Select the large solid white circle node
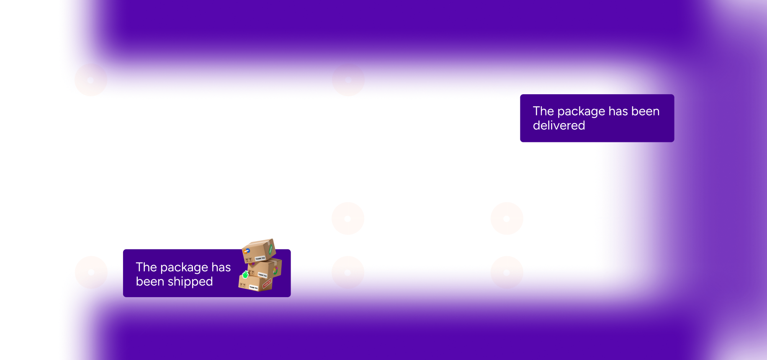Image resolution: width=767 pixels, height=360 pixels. click(226, 219)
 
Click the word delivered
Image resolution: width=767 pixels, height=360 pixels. click(559, 126)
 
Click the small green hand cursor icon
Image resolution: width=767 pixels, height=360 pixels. click(245, 275)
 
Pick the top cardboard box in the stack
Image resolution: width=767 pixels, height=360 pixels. click(259, 250)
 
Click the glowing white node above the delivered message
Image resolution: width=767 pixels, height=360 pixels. click(507, 80)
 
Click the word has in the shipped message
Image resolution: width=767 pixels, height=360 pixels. click(221, 267)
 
